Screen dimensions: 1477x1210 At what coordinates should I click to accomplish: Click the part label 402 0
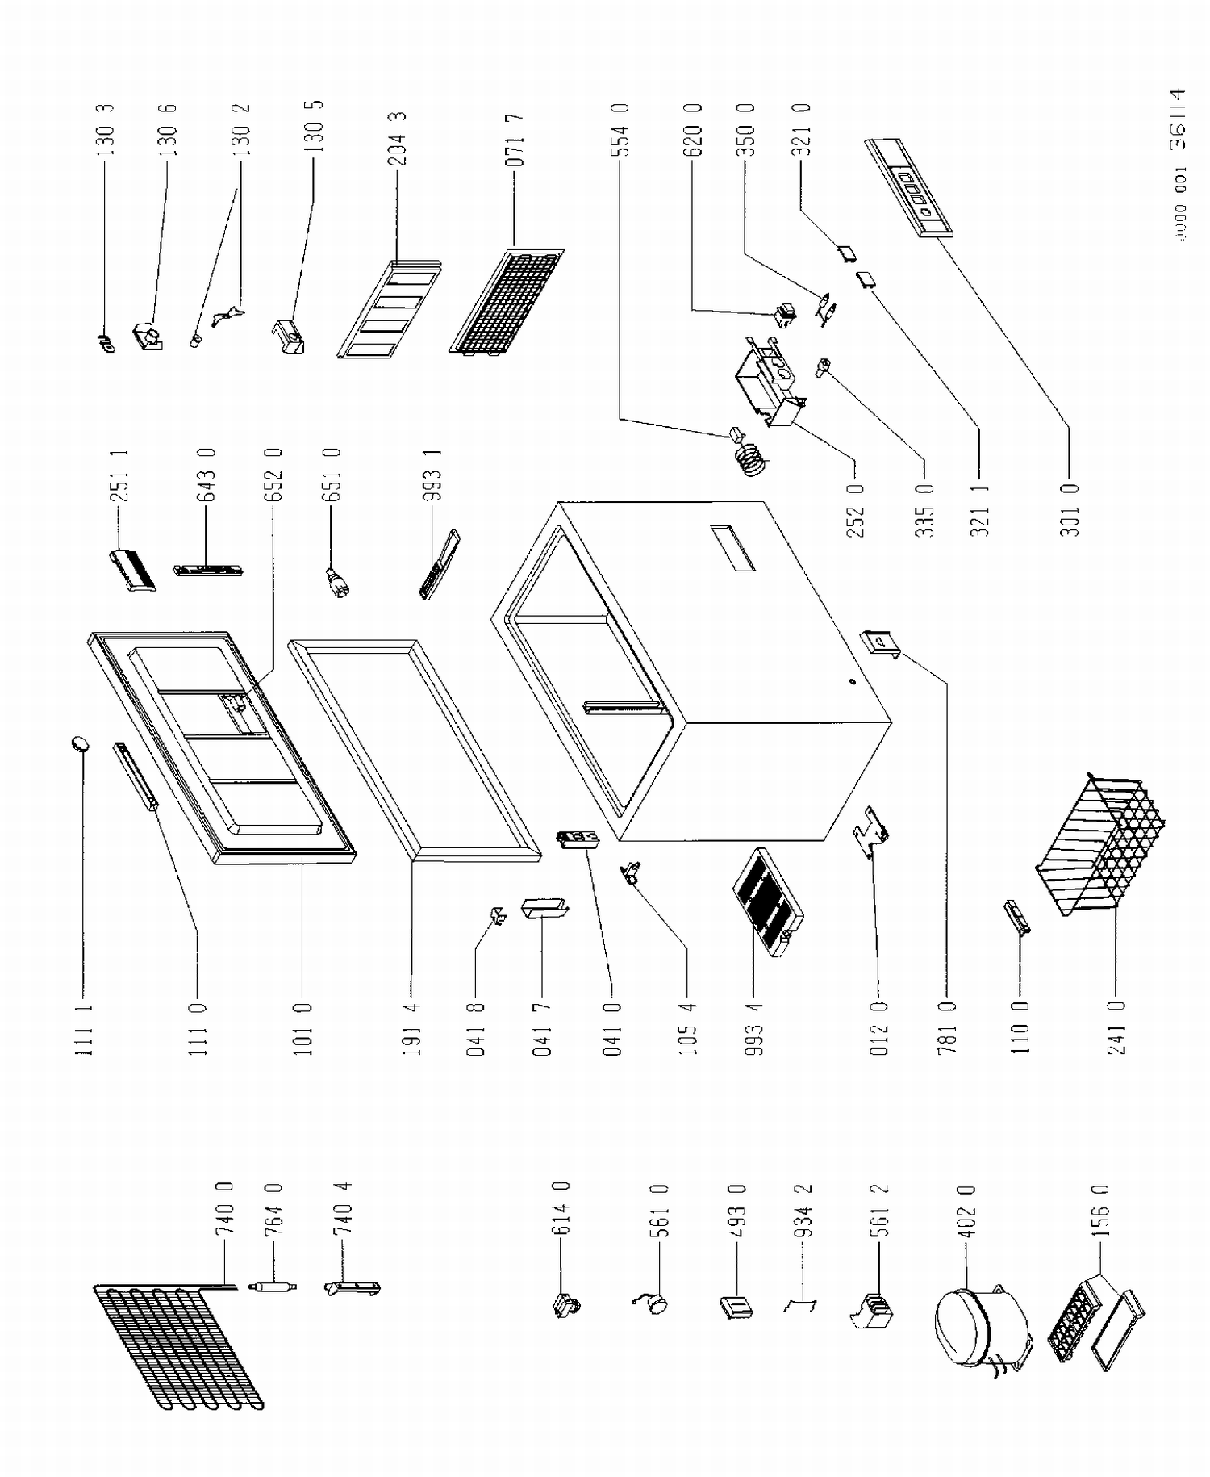[969, 1210]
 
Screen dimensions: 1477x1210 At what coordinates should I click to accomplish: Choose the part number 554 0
[620, 129]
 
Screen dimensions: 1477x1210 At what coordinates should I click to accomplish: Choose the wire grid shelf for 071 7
[507, 303]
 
